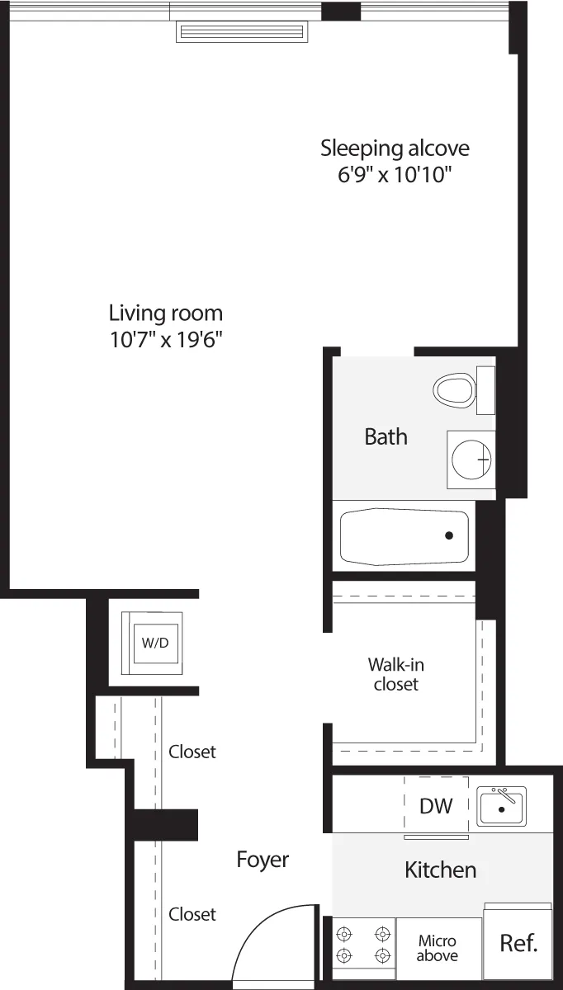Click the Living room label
pyautogui.click(x=166, y=313)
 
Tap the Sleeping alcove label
pyautogui.click(x=395, y=148)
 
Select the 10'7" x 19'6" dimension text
pyautogui.click(x=166, y=340)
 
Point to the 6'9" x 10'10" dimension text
pyautogui.click(x=395, y=175)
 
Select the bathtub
pyautogui.click(x=404, y=536)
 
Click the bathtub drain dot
pyautogui.click(x=449, y=535)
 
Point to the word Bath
pyautogui.click(x=386, y=436)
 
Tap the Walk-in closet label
pyautogui.click(x=396, y=674)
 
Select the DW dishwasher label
pyautogui.click(x=436, y=806)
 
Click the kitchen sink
pyautogui.click(x=501, y=806)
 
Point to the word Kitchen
pyautogui.click(x=440, y=870)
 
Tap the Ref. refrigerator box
pyautogui.click(x=518, y=943)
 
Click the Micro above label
pyautogui.click(x=437, y=948)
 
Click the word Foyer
pyautogui.click(x=263, y=860)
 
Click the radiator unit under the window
pyautogui.click(x=242, y=32)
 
